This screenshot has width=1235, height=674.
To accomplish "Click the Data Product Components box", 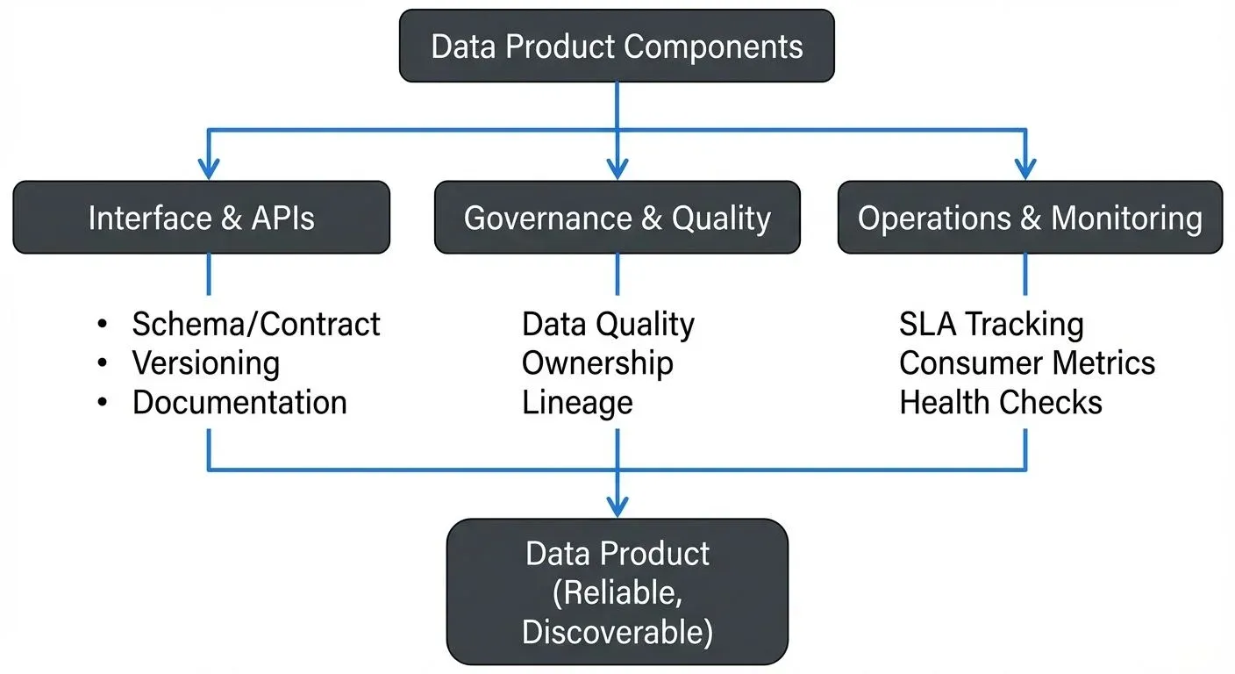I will [617, 46].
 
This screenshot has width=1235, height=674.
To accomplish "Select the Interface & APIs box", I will [201, 218].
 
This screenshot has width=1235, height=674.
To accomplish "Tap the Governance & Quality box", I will [617, 218].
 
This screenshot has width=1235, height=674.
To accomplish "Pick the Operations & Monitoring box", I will [1029, 218].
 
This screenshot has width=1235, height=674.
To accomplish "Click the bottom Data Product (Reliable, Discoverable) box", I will [617, 592].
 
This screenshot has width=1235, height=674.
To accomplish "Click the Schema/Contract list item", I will [255, 325].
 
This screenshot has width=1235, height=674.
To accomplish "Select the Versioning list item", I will [206, 363].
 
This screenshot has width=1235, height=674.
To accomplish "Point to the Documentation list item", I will [239, 403].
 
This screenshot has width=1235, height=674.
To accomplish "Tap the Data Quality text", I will [608, 325].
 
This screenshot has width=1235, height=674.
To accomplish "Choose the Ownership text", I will [597, 363].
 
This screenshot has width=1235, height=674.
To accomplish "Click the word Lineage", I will [577, 403].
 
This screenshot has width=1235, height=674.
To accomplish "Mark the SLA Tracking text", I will [991, 325].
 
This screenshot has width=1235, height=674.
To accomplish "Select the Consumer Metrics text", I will [1027, 363].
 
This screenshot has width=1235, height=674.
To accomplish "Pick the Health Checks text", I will [1001, 403].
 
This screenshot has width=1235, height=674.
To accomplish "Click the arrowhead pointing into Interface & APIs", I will [209, 168].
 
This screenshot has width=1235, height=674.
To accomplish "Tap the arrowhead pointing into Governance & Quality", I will [617, 168].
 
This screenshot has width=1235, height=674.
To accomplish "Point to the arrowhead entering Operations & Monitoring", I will [1025, 168].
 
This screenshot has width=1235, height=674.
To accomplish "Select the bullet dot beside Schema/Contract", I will [104, 326].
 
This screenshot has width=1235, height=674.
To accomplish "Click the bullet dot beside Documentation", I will [104, 404].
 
